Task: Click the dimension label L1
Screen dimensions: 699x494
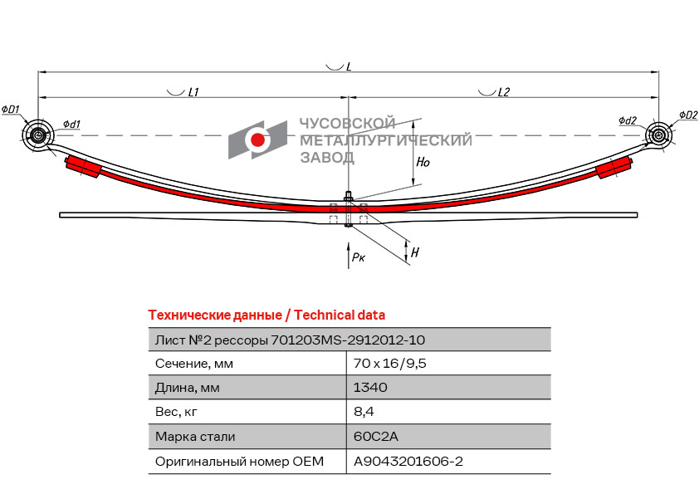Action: click(x=193, y=93)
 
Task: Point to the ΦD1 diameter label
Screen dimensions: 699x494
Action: click(x=11, y=110)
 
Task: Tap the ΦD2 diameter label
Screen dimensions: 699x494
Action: click(x=687, y=115)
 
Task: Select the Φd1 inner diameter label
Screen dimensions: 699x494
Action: click(x=71, y=125)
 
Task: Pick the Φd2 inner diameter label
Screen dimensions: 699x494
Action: click(x=628, y=120)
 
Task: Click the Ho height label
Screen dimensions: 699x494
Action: click(x=423, y=162)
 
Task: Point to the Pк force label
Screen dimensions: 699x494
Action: click(x=358, y=258)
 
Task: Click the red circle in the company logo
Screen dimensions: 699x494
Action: click(x=257, y=140)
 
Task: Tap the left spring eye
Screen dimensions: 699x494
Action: click(x=37, y=135)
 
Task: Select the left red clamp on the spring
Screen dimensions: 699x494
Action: click(x=83, y=165)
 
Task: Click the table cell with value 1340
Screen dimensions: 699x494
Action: click(x=370, y=388)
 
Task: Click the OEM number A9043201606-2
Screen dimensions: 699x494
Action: click(x=408, y=462)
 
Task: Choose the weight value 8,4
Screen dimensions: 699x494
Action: click(x=364, y=412)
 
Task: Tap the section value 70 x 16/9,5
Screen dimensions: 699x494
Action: click(x=390, y=363)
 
